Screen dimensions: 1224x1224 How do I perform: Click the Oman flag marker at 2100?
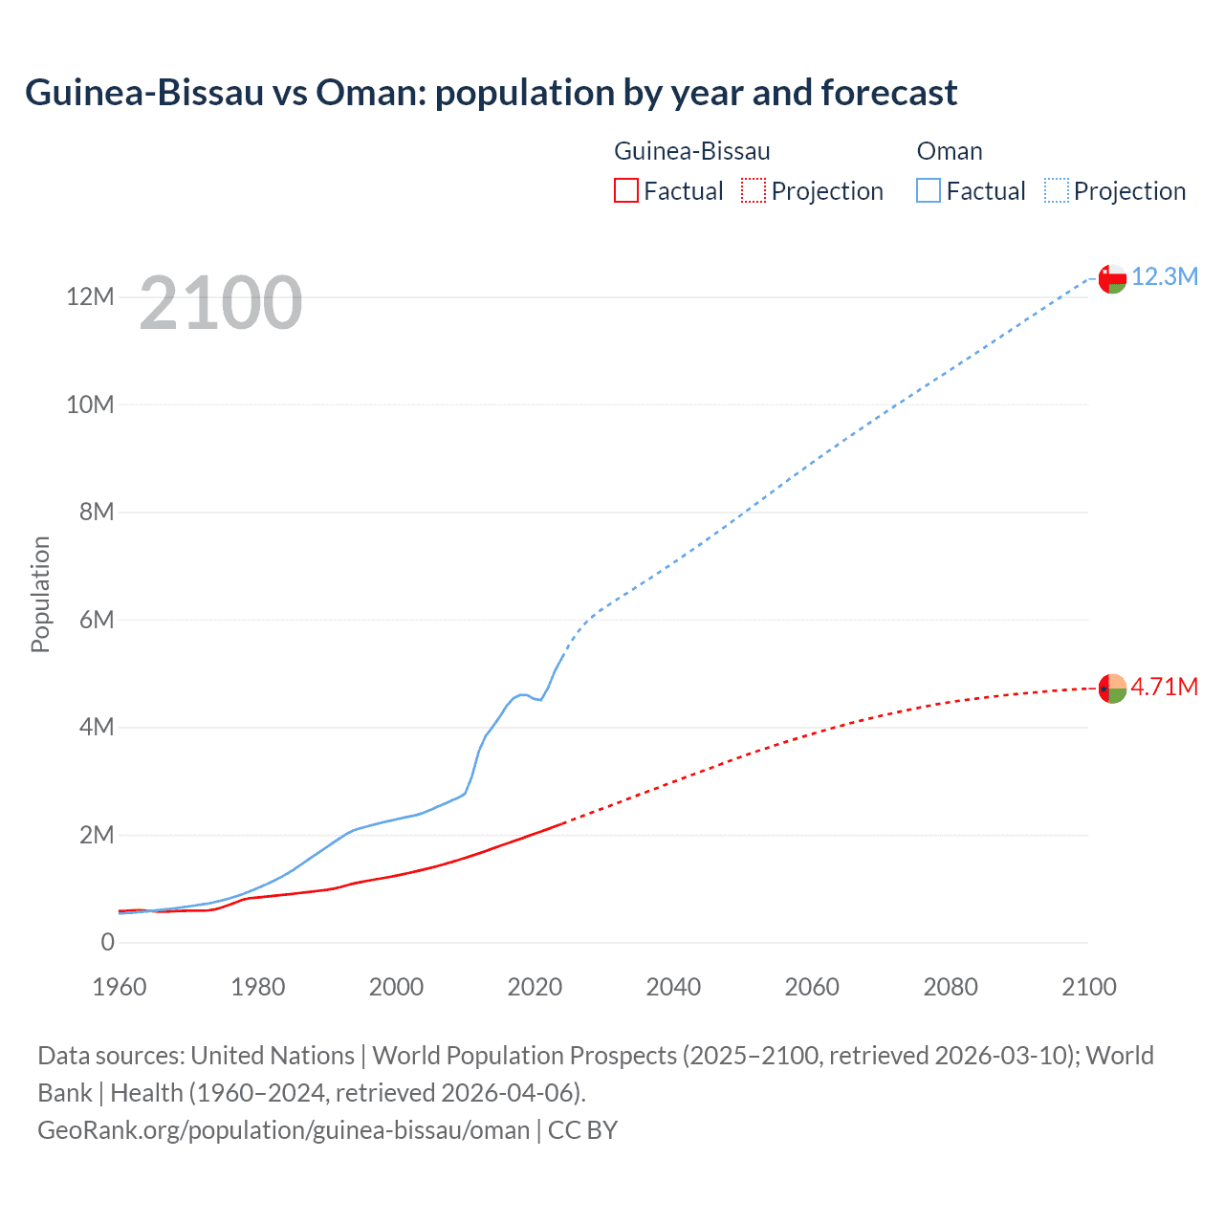(1112, 278)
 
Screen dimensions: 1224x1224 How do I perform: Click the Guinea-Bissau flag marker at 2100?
(1112, 688)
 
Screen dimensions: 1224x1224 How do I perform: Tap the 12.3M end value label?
(1165, 277)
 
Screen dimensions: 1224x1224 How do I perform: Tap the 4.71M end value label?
(1165, 688)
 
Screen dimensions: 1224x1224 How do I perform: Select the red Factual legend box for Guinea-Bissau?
(625, 191)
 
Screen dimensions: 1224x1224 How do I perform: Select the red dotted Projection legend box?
(754, 191)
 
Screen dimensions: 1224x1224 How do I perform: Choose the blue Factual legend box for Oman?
(929, 191)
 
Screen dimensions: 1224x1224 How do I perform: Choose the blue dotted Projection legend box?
(1057, 191)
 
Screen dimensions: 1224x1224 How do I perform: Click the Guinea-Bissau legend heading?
(691, 151)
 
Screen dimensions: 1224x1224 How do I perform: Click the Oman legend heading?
(949, 151)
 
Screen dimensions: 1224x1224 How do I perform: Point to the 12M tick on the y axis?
(90, 297)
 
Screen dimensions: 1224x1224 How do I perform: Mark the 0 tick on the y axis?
(108, 942)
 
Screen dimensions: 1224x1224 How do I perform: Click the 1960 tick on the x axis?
(120, 987)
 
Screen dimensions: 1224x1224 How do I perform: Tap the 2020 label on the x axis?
(535, 987)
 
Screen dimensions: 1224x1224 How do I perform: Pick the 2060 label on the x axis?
(812, 987)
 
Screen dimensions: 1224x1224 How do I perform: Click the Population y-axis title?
(40, 594)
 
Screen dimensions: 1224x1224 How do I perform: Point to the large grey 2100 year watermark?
(221, 303)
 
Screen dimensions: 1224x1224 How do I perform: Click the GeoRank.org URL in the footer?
(283, 1130)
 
